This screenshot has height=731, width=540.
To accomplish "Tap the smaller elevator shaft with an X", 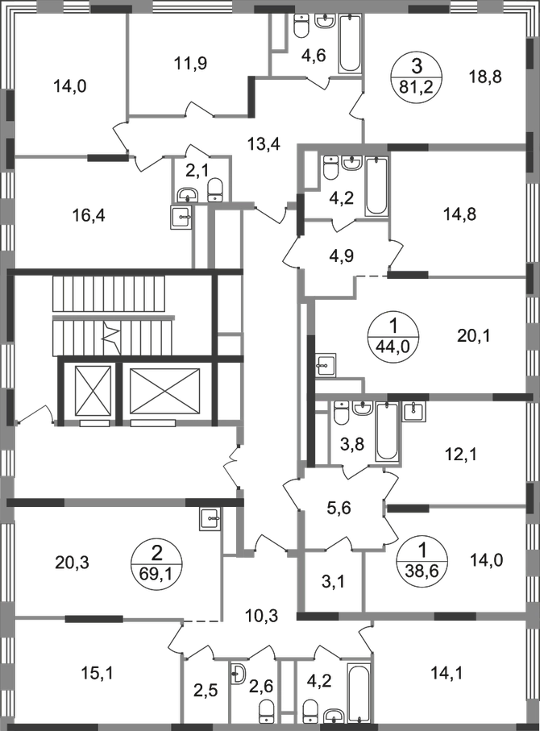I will pos(88,394).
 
